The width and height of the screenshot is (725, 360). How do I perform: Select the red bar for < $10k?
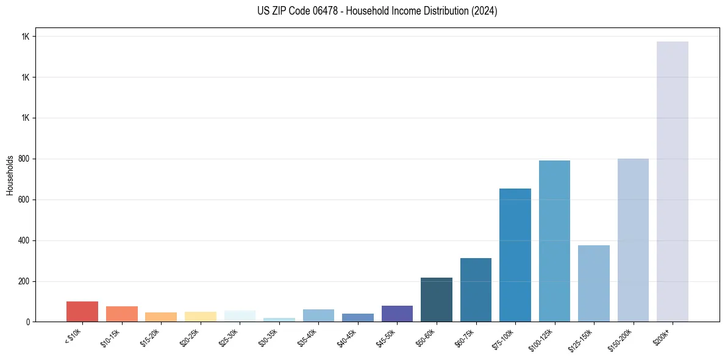click(x=82, y=311)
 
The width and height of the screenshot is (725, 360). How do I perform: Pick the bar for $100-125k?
click(x=554, y=241)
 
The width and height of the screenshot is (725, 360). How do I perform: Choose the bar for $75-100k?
click(x=515, y=255)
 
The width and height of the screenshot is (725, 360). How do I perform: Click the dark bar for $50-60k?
click(x=436, y=300)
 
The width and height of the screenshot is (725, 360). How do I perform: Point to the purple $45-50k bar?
click(x=397, y=314)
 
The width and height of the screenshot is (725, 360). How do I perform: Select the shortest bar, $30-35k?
click(x=279, y=319)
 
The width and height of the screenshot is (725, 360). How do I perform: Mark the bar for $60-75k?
click(x=476, y=290)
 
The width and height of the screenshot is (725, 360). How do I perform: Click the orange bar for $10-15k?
click(x=121, y=314)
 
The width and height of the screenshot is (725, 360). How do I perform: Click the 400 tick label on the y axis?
click(x=25, y=240)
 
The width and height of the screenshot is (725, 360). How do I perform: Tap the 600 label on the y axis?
click(x=25, y=200)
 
